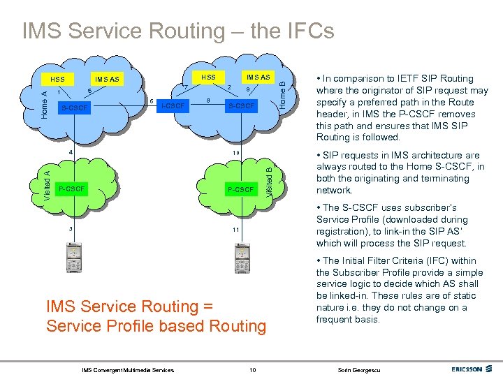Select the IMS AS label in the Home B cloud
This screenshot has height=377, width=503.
258,76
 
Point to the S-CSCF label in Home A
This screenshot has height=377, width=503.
75,108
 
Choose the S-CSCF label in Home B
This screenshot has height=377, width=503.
242,106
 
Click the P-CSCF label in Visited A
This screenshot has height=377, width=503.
72,189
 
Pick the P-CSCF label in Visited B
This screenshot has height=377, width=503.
240,189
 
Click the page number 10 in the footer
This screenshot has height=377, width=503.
252,369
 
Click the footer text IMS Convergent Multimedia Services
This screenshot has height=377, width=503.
128,369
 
